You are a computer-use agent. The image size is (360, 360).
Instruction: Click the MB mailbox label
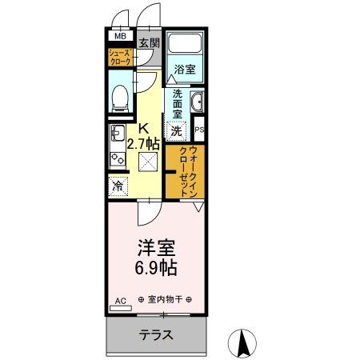pos(121,37)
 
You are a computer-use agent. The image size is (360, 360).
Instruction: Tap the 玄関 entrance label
pos(149,42)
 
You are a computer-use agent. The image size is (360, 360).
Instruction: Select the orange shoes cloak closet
pos(121,57)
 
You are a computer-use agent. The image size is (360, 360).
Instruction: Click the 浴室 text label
pos(186,70)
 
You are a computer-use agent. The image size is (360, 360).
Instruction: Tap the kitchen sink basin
pos(116,133)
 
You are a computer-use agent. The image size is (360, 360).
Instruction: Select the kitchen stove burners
pos(117,158)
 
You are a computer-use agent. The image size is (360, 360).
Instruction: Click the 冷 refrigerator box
pos(118,186)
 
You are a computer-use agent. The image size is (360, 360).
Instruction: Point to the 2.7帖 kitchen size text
pos(144,145)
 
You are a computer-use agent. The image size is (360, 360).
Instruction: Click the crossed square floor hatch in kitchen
pos(149,163)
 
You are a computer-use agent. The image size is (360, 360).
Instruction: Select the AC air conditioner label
pos(121,301)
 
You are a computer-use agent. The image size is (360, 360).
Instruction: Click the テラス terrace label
pos(156,335)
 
